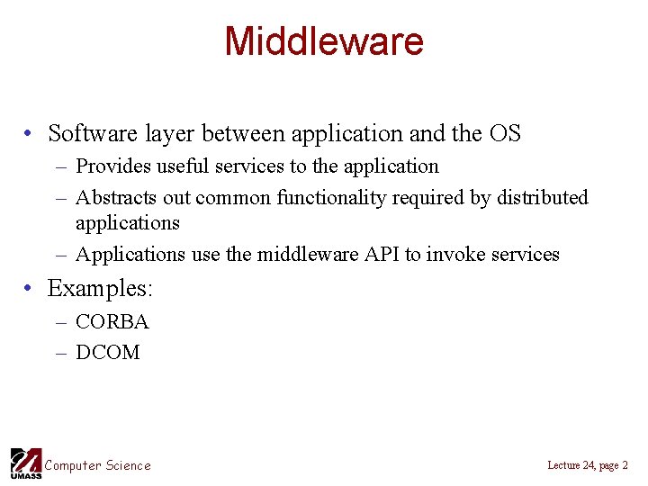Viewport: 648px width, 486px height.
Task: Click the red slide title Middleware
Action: click(x=323, y=41)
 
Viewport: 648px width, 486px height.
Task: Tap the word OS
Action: click(x=505, y=134)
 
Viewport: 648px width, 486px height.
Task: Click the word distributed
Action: click(x=541, y=197)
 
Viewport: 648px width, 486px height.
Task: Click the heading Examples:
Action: click(x=101, y=289)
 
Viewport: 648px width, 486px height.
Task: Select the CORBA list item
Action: click(x=112, y=322)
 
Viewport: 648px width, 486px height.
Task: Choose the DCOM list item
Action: click(x=107, y=353)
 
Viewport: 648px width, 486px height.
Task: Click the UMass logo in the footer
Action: click(x=25, y=463)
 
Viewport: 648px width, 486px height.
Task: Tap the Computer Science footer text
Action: click(x=98, y=465)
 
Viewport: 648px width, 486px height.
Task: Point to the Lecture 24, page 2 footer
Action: click(x=587, y=465)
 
